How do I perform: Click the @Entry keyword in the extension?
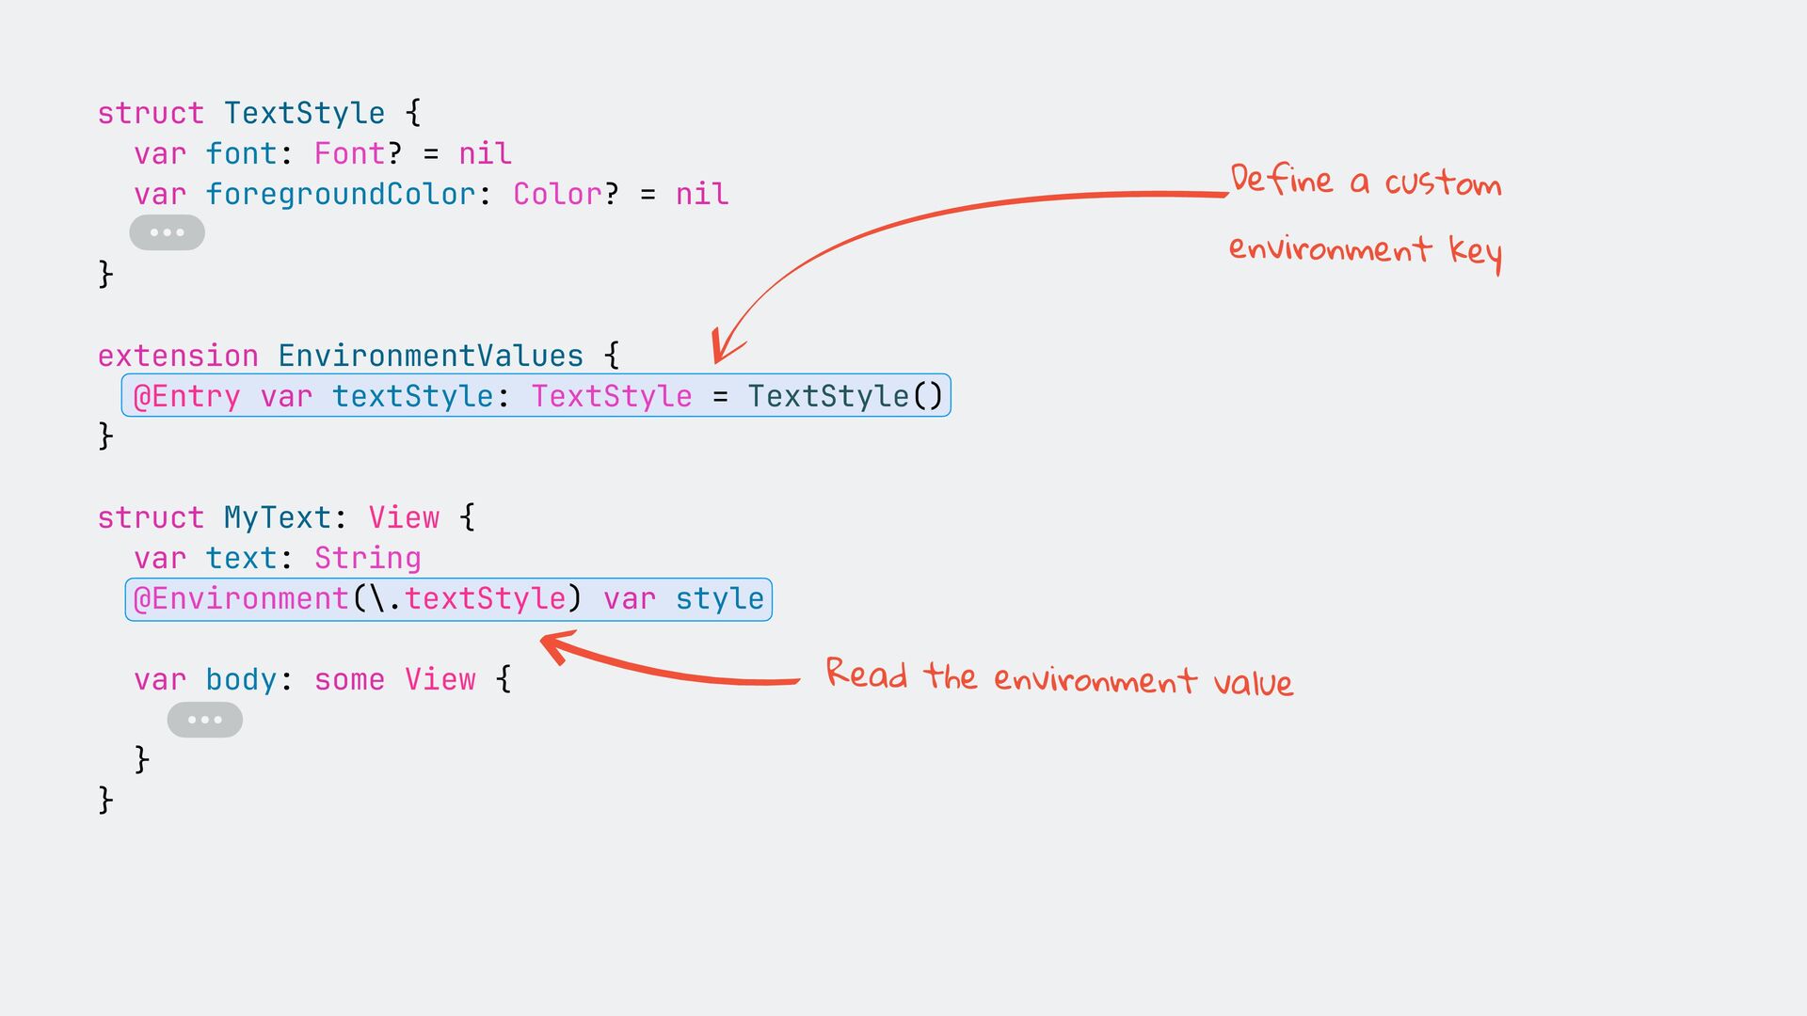coord(186,396)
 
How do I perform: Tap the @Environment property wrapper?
coord(241,599)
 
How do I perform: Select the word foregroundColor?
coord(341,195)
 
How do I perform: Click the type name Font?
coord(358,153)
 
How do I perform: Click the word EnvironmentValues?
coord(430,356)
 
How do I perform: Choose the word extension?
coord(178,356)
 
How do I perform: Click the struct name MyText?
coord(277,517)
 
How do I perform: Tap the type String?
coord(367,559)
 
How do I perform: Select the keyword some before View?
coord(349,680)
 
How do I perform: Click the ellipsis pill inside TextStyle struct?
coord(167,232)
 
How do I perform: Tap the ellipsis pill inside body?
coord(204,721)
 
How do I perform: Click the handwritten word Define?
coord(1281,179)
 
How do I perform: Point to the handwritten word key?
coord(1475,252)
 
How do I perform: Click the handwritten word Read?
coord(866,675)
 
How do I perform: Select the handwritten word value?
coord(1253,682)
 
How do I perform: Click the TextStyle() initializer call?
coord(844,396)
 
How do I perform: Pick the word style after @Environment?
coord(719,599)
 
